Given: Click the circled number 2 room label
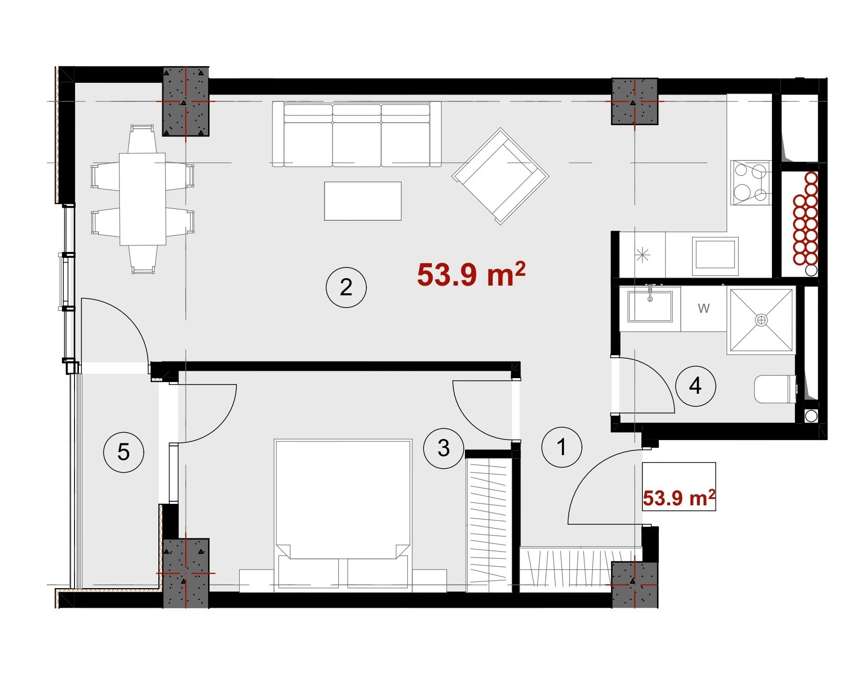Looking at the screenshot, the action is (346, 287).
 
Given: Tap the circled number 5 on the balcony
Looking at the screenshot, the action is (123, 452).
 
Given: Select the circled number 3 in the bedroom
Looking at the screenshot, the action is (443, 448).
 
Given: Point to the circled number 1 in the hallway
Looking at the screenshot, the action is (561, 447).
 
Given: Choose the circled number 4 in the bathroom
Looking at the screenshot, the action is (695, 386).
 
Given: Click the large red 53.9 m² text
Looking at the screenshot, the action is (471, 275).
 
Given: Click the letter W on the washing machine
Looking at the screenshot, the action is (703, 308).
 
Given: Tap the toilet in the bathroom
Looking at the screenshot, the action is (775, 389).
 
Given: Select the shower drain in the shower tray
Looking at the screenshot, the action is (761, 320).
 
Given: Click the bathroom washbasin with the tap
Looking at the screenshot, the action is (650, 306).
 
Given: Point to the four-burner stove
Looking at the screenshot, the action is (751, 182).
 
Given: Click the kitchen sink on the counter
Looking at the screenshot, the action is (715, 254).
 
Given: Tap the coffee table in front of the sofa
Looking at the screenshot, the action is (363, 201).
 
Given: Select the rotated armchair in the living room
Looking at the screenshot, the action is (501, 176).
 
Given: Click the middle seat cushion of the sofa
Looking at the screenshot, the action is (357, 144).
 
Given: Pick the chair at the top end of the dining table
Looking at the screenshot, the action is (142, 139).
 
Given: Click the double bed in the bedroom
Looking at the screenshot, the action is (343, 515).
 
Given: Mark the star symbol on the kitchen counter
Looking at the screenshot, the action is (642, 254).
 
